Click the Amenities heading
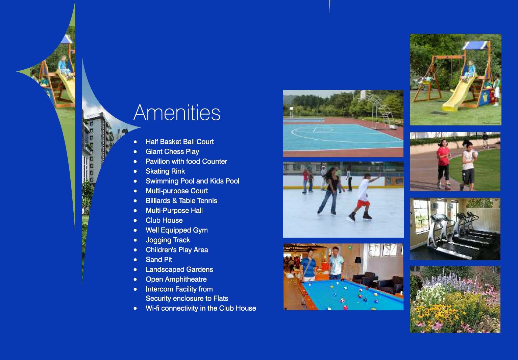[177, 113]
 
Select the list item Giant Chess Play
[172, 151]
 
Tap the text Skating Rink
[165, 171]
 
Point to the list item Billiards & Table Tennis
[181, 200]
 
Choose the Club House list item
[164, 220]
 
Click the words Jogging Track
[168, 240]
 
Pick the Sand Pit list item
[159, 260]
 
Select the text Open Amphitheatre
[176, 279]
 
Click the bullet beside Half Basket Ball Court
[135, 142]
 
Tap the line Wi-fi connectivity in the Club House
[201, 308]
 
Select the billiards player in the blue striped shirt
[308, 266]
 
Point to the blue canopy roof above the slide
[476, 46]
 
